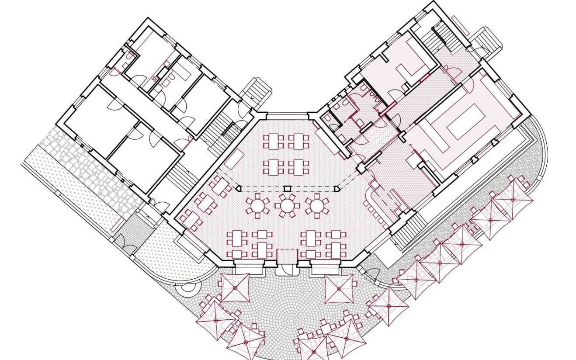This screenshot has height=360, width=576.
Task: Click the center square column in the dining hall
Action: tap(287, 188)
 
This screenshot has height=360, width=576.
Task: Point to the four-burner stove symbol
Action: tap(154, 78)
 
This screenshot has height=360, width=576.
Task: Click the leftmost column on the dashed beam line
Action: tap(239, 188)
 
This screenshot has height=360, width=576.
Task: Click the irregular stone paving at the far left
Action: tap(83, 162)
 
